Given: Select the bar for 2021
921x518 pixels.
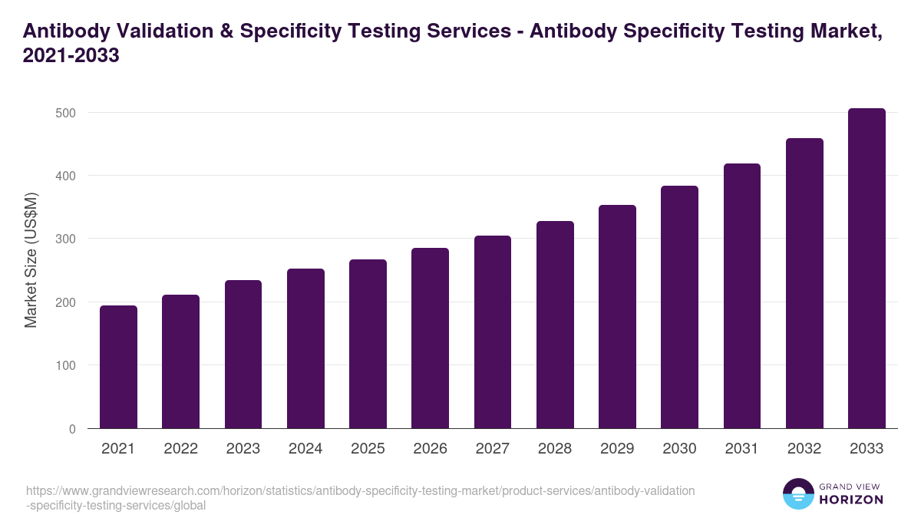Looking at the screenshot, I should pos(118,367).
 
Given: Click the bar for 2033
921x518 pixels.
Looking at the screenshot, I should pos(867,269).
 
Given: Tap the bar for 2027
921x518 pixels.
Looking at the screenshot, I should pos(493,332).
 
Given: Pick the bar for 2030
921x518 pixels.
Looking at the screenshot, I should pos(679,307).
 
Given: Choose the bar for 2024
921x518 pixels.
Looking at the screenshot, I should pos(305,348).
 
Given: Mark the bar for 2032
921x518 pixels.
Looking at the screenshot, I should pos(804,283).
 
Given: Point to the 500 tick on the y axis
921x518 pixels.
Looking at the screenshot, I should pos(66,113).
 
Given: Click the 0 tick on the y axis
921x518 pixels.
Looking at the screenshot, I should pos(72,429).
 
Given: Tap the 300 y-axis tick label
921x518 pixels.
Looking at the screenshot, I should pos(66,239).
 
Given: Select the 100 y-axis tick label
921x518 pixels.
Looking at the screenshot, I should pos(66,365).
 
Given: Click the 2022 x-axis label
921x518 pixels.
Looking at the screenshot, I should pos(180,449).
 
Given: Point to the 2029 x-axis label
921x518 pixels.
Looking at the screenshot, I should pos(617,449).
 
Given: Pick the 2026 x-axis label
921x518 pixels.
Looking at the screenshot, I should pos(430,449).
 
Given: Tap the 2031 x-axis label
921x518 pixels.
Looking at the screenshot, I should pos(742,449).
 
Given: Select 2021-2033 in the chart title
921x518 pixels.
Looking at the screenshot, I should pos(71,56).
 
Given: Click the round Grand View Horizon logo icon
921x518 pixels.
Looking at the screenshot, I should pos(797,493).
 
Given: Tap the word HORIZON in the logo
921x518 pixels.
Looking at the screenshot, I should pos(851,500).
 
